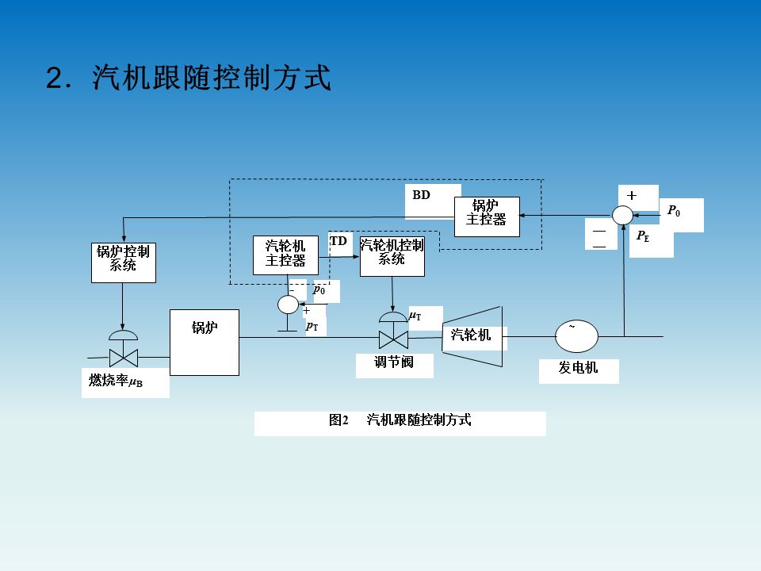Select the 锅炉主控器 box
pos(486,217)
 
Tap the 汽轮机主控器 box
pos(285,255)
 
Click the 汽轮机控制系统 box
pos(392,255)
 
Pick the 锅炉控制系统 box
pos(123,262)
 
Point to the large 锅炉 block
pos(205,342)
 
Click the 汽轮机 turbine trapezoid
pos(472,336)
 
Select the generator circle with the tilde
pos(576,336)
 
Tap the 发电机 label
pos(578,369)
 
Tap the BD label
pos(421,195)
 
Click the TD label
pos(338,241)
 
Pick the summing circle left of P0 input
pos(623,215)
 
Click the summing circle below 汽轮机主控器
pos(288,304)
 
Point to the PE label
pos(643,236)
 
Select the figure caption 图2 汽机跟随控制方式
pos(400,420)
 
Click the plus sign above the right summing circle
pos(632,195)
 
